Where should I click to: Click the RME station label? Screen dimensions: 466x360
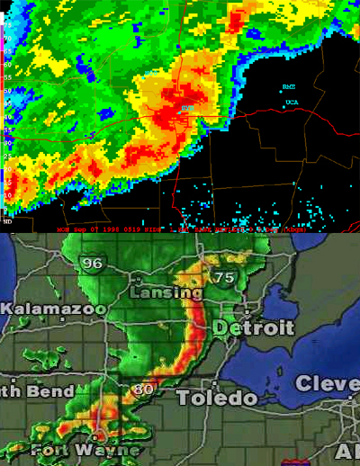click(288, 87)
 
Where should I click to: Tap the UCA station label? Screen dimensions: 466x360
click(292, 102)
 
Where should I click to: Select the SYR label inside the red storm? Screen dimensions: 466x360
click(188, 108)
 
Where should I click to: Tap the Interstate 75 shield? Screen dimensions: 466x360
click(224, 278)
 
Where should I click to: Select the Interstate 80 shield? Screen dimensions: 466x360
click(141, 390)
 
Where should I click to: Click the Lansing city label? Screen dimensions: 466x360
click(166, 293)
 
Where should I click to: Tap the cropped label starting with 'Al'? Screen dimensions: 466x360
click(349, 451)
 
